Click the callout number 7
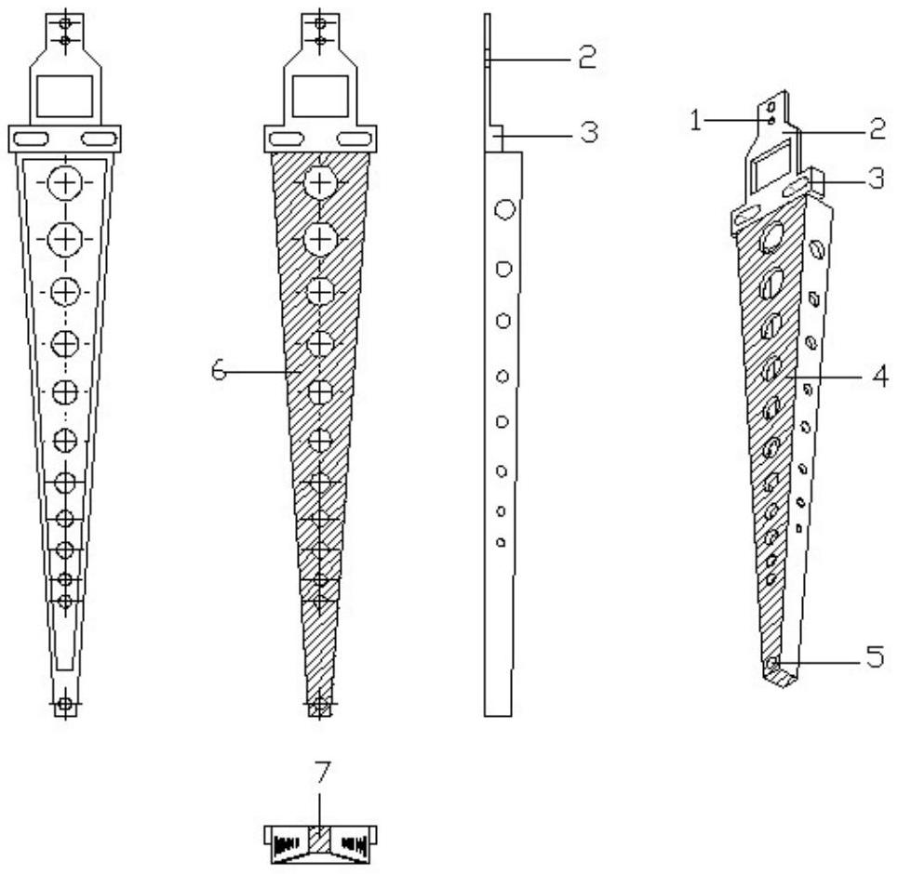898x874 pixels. (x=322, y=772)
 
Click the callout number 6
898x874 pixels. (x=219, y=371)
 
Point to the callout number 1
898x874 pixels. (x=696, y=120)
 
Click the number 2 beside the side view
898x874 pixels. (x=586, y=57)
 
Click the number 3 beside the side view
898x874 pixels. (x=589, y=132)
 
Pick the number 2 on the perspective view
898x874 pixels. (x=878, y=129)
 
